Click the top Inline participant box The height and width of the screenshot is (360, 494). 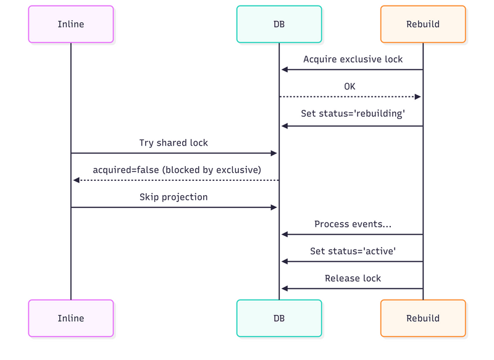[x=70, y=24]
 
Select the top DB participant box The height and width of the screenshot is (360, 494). [x=278, y=24]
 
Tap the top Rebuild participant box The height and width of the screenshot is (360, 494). [x=423, y=24]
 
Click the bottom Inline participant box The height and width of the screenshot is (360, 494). [x=70, y=318]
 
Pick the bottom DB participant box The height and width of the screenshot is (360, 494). [x=278, y=318]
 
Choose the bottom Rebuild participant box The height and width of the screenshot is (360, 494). [x=423, y=318]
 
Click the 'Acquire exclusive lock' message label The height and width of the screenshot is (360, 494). [x=353, y=59]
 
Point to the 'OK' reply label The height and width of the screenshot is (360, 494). [x=350, y=86]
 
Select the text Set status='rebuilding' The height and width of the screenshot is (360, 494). [x=353, y=114]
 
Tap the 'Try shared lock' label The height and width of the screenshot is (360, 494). [x=174, y=143]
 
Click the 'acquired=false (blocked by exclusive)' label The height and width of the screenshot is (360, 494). [x=177, y=170]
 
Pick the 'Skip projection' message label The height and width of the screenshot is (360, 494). [x=174, y=197]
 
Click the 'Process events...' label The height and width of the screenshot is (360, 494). [x=353, y=224]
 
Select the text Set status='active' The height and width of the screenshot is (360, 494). [x=353, y=251]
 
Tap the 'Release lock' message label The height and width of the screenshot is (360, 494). [x=353, y=278]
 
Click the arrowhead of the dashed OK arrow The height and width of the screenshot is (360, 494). [x=417, y=97]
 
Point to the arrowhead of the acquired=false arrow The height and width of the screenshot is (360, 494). [x=76, y=180]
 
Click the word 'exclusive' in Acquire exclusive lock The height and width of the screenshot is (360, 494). [x=361, y=59]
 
